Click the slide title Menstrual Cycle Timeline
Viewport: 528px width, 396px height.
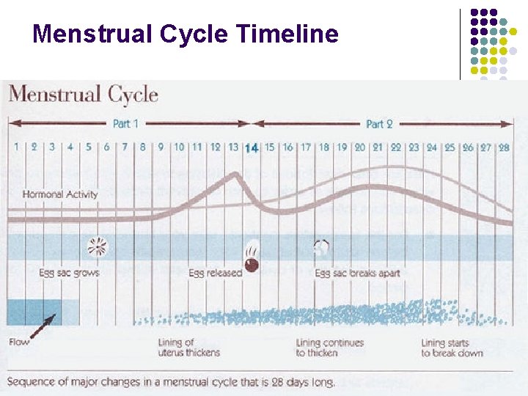tap(186, 34)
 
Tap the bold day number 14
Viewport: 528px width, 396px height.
tap(251, 147)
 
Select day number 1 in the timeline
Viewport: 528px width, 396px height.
tap(16, 147)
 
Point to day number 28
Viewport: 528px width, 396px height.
tap(504, 147)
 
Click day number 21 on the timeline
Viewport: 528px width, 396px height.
tap(378, 147)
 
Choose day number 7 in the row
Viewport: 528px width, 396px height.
tap(125, 147)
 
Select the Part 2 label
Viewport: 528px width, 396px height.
tap(380, 124)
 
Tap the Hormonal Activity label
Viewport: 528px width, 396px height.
tap(59, 194)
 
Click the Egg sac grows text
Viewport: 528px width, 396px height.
tap(69, 273)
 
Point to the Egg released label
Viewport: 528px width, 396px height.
tap(215, 273)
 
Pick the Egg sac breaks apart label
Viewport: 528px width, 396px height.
tap(357, 273)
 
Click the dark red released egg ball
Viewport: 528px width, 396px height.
tap(252, 264)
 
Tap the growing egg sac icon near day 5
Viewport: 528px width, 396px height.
tap(97, 247)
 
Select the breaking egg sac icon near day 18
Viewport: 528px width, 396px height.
tap(321, 247)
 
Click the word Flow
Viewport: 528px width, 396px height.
tap(19, 342)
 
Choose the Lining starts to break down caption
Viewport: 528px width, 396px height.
tap(452, 348)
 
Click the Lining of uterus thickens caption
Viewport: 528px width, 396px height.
tap(188, 348)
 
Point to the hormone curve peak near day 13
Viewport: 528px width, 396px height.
tap(235, 174)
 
